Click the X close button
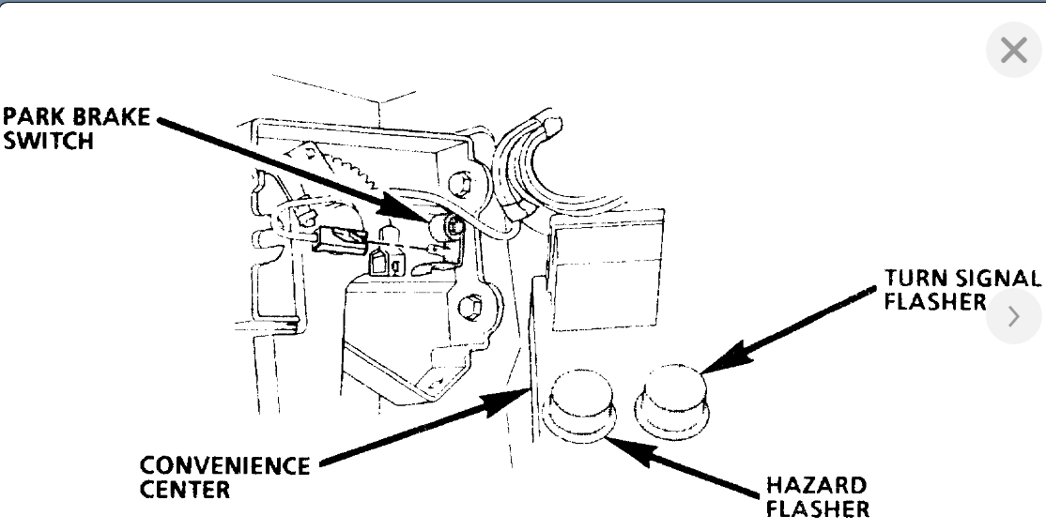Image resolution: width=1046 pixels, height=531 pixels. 1014,51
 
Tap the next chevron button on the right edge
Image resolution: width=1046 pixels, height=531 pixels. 1014,317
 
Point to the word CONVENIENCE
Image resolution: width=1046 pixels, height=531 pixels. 224,466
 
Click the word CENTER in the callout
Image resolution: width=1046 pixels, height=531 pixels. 185,489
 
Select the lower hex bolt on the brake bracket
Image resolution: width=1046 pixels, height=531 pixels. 472,305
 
